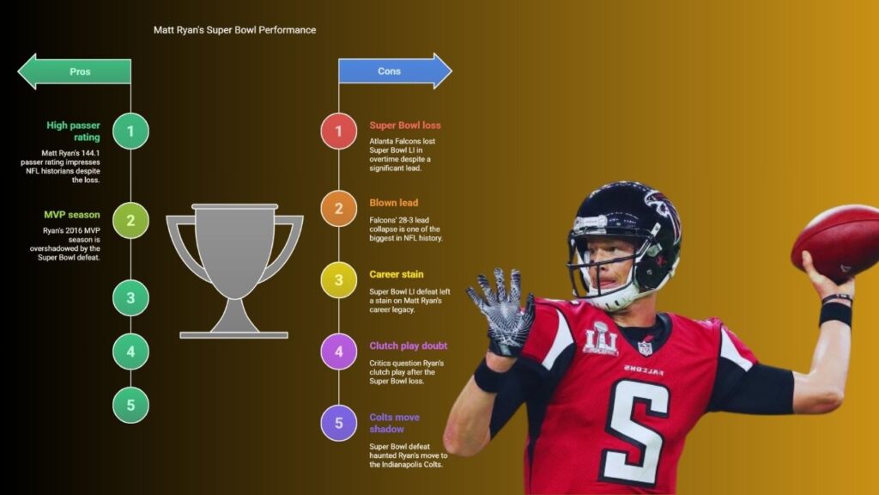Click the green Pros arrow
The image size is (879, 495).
[x=75, y=71]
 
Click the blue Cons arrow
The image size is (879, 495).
[x=395, y=70]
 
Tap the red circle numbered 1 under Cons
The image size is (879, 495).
[x=338, y=131]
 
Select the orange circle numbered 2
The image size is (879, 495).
[x=338, y=208]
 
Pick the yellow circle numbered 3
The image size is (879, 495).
[x=338, y=280]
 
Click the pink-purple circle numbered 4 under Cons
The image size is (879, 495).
[x=338, y=351]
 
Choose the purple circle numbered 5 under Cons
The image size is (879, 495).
[x=338, y=423]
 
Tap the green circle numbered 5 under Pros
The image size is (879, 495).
[x=130, y=405]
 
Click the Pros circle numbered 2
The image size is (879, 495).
[x=130, y=220]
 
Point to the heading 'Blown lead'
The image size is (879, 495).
[x=393, y=203]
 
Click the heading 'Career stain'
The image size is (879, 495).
[x=397, y=274]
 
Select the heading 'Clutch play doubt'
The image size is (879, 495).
[x=408, y=345]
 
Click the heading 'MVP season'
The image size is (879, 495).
[x=72, y=214]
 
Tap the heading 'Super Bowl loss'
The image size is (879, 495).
[x=405, y=125]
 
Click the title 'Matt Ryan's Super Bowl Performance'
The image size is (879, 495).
[x=235, y=30]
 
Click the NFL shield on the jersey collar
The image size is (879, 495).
[x=645, y=348]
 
